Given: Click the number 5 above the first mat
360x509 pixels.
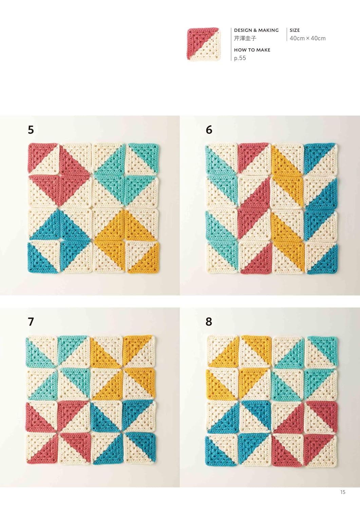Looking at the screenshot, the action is (31, 130).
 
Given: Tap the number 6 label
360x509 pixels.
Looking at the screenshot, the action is (209, 130).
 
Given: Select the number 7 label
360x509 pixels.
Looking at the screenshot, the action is (31, 322).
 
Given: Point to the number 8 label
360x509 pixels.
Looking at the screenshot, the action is (209, 322).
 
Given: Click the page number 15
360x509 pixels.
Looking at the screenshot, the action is (343, 492).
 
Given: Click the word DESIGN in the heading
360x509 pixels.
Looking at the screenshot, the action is (243, 30).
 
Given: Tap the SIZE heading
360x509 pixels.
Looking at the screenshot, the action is (295, 30).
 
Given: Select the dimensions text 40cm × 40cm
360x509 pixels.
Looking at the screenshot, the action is (308, 38).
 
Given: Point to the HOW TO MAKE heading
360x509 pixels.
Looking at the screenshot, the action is (252, 50).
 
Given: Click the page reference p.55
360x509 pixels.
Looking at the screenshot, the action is (240, 58).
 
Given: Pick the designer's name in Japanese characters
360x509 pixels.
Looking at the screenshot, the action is (245, 38).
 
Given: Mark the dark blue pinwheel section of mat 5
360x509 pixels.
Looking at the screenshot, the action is (59, 241).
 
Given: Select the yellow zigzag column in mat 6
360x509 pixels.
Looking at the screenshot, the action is (287, 208).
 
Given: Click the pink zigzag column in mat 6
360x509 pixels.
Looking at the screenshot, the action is (254, 208).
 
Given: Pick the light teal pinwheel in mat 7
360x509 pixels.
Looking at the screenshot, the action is (57, 368).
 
